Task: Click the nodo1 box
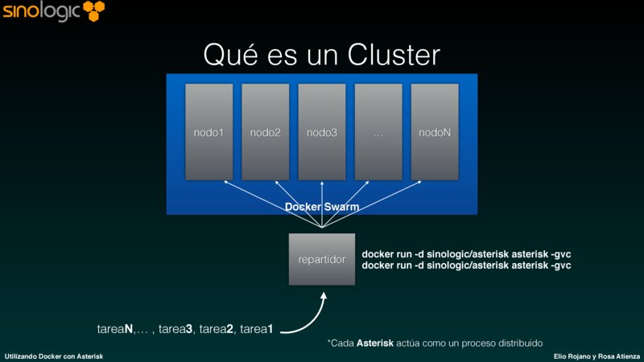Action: [x=208, y=132]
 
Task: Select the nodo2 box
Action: [x=265, y=132]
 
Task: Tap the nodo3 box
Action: [x=321, y=132]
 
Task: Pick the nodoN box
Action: [x=435, y=132]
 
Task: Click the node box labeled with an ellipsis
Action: [x=378, y=132]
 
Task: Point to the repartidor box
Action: [x=322, y=259]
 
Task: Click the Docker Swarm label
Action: [x=322, y=208]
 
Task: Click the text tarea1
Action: [x=255, y=328]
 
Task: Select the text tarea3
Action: [x=175, y=328]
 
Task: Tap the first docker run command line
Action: [x=466, y=253]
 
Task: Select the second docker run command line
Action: [x=466, y=265]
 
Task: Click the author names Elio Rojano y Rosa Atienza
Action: [x=597, y=355]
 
